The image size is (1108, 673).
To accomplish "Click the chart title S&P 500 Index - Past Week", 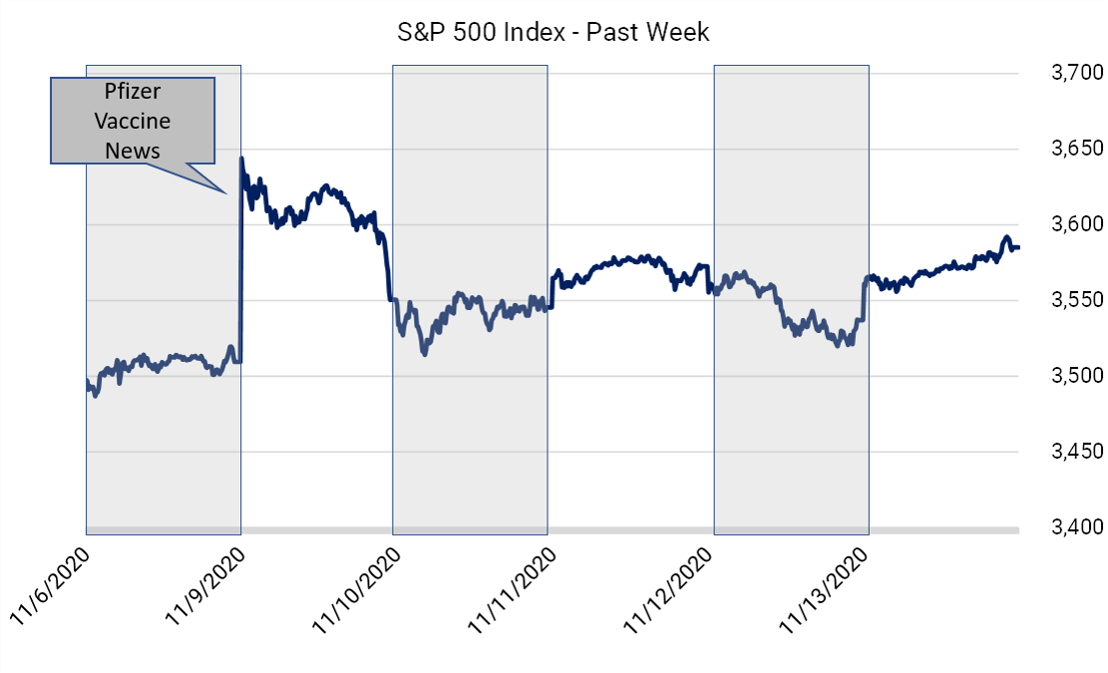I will [553, 32].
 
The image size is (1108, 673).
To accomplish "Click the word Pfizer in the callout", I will [133, 92].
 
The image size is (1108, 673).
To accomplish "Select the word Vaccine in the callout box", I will [133, 121].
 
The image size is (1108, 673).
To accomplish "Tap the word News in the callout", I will [133, 151].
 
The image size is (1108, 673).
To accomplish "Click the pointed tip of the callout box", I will [226, 190].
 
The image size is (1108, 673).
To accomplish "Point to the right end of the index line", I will [1018, 247].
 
